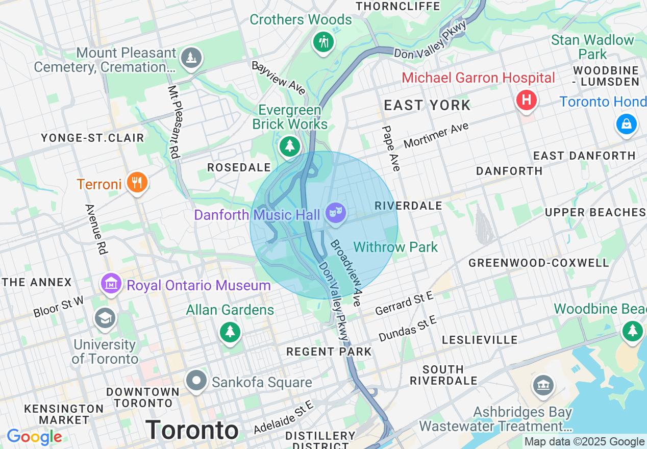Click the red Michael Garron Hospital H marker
pyautogui.click(x=526, y=99)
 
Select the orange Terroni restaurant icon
pyautogui.click(x=136, y=182)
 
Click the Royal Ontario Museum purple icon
pyautogui.click(x=111, y=284)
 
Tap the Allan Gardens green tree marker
pyautogui.click(x=230, y=332)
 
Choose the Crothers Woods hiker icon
pyautogui.click(x=324, y=41)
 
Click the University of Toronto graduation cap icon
pyautogui.click(x=105, y=318)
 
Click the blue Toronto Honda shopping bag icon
pyautogui.click(x=626, y=123)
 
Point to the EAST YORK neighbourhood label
pyautogui.click(x=427, y=106)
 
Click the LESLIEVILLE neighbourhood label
pyautogui.click(x=480, y=340)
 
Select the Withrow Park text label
pyautogui.click(x=395, y=247)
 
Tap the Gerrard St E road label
pyautogui.click(x=404, y=304)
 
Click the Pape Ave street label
pyautogui.click(x=391, y=148)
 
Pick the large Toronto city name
pyautogui.click(x=192, y=430)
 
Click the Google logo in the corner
pyautogui.click(x=34, y=437)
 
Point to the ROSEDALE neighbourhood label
pyautogui.click(x=238, y=167)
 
